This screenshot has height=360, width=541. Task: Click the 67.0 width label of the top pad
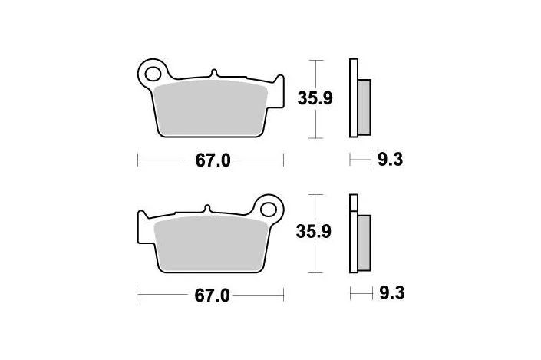pos(209,160)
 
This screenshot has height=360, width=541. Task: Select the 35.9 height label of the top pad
pos(315,97)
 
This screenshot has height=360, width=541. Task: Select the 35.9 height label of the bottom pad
pos(315,232)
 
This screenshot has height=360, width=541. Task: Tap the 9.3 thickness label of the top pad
pos(391,160)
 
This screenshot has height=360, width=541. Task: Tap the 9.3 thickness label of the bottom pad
pos(391,293)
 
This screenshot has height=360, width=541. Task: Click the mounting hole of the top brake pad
pos(153,74)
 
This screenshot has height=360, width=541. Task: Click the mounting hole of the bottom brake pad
pos(269,208)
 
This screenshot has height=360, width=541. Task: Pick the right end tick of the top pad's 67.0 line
pos(284,160)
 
